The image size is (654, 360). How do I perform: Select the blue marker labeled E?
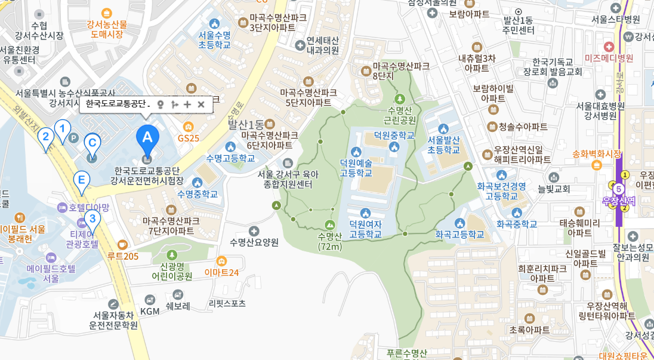click(x=82, y=180)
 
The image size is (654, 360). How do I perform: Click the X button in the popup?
click(x=201, y=104)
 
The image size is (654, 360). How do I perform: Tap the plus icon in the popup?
click(x=187, y=104)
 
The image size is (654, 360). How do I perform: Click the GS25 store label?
click(x=189, y=137)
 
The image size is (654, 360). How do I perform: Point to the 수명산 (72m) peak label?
click(x=329, y=241)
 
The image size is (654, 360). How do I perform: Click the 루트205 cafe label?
click(x=123, y=256)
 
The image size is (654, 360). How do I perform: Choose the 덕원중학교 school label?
click(x=394, y=136)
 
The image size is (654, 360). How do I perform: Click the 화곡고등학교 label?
click(x=459, y=235)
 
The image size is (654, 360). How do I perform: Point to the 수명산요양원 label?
click(x=254, y=242)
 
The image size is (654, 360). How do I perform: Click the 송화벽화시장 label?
click(x=597, y=153)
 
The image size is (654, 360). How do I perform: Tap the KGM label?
click(x=150, y=311)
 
